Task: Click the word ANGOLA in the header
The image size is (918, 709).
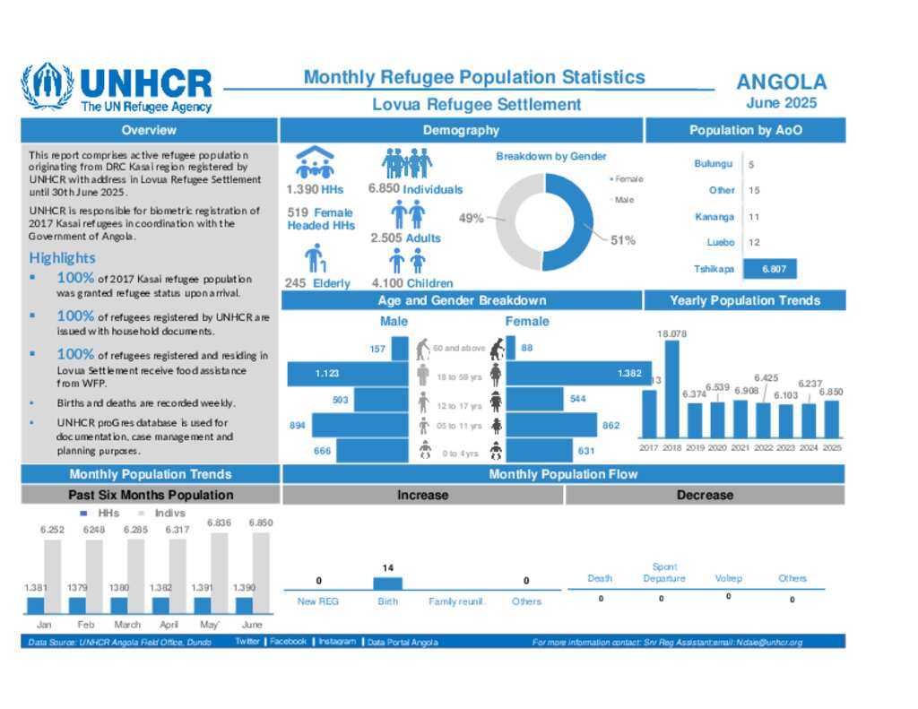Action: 781,82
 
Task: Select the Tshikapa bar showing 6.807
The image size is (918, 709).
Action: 769,268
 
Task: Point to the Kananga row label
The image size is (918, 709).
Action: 714,217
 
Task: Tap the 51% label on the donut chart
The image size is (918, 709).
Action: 623,239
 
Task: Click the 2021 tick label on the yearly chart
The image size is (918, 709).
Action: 740,447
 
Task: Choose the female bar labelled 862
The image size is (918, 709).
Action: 551,425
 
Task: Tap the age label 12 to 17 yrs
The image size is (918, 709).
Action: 459,406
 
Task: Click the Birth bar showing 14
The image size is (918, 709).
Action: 387,583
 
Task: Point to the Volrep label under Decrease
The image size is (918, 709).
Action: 728,578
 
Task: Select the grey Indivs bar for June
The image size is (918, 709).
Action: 260,574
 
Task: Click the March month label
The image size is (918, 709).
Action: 127,624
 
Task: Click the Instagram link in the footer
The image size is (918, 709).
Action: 337,642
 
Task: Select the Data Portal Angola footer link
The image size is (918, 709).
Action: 402,642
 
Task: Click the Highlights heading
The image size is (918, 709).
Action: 62,258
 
